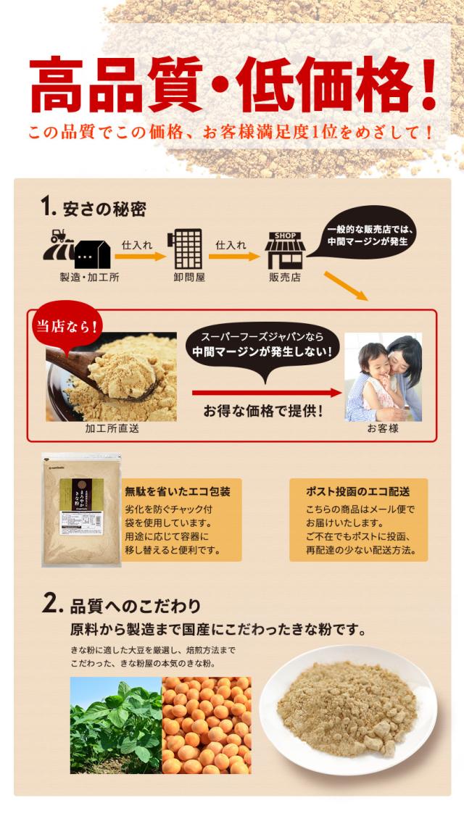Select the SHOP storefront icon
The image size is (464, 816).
pos(285,251)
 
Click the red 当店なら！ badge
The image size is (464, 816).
pos(67,326)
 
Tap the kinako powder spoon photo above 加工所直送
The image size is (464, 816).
pos(112,377)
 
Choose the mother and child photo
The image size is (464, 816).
pos(383,377)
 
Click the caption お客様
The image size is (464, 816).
pos(383,428)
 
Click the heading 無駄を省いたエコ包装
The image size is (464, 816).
pos(178,491)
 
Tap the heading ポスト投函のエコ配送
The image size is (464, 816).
pos(358,491)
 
